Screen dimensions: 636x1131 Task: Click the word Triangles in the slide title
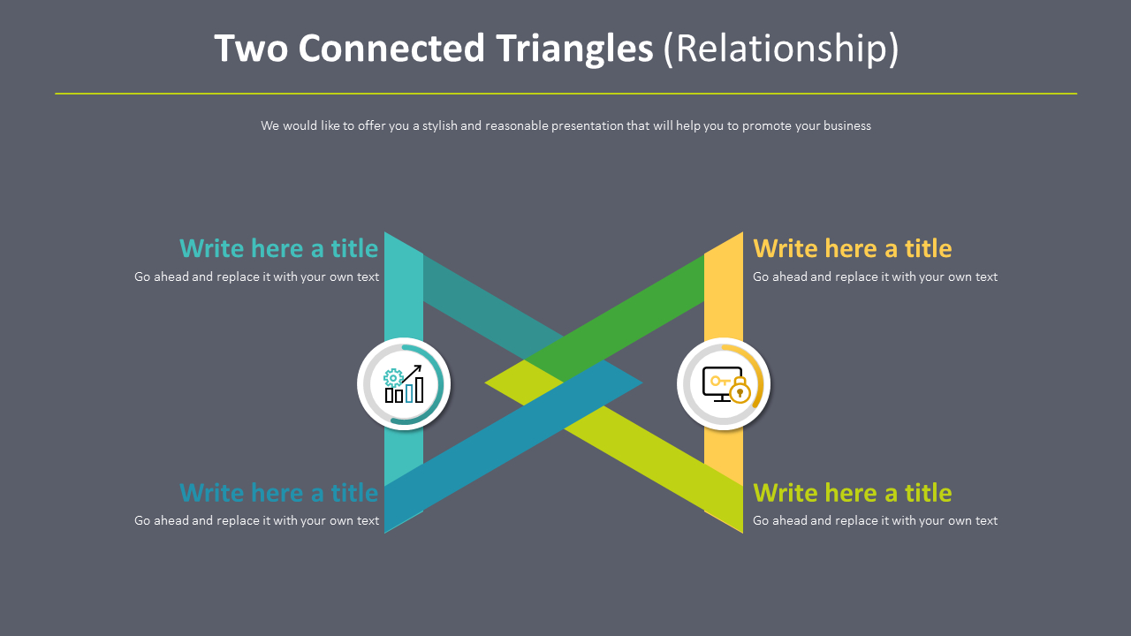(574, 49)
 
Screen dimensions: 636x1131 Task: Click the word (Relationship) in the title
(781, 49)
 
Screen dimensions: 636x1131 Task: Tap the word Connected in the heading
(391, 49)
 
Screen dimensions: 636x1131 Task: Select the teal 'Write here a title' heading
(278, 248)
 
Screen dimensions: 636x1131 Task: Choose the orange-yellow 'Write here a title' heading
(852, 248)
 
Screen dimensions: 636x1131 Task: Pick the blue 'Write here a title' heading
(278, 492)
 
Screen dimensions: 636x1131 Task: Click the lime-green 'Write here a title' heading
(852, 492)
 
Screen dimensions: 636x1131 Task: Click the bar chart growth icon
(404, 384)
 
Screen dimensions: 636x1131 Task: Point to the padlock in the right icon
(740, 391)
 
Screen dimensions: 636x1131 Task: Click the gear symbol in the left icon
(392, 377)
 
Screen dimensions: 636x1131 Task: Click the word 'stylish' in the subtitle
(439, 125)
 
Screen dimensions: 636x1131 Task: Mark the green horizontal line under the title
(565, 93)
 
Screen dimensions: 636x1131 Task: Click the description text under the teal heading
(256, 276)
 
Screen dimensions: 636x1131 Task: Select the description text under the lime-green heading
(875, 520)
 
